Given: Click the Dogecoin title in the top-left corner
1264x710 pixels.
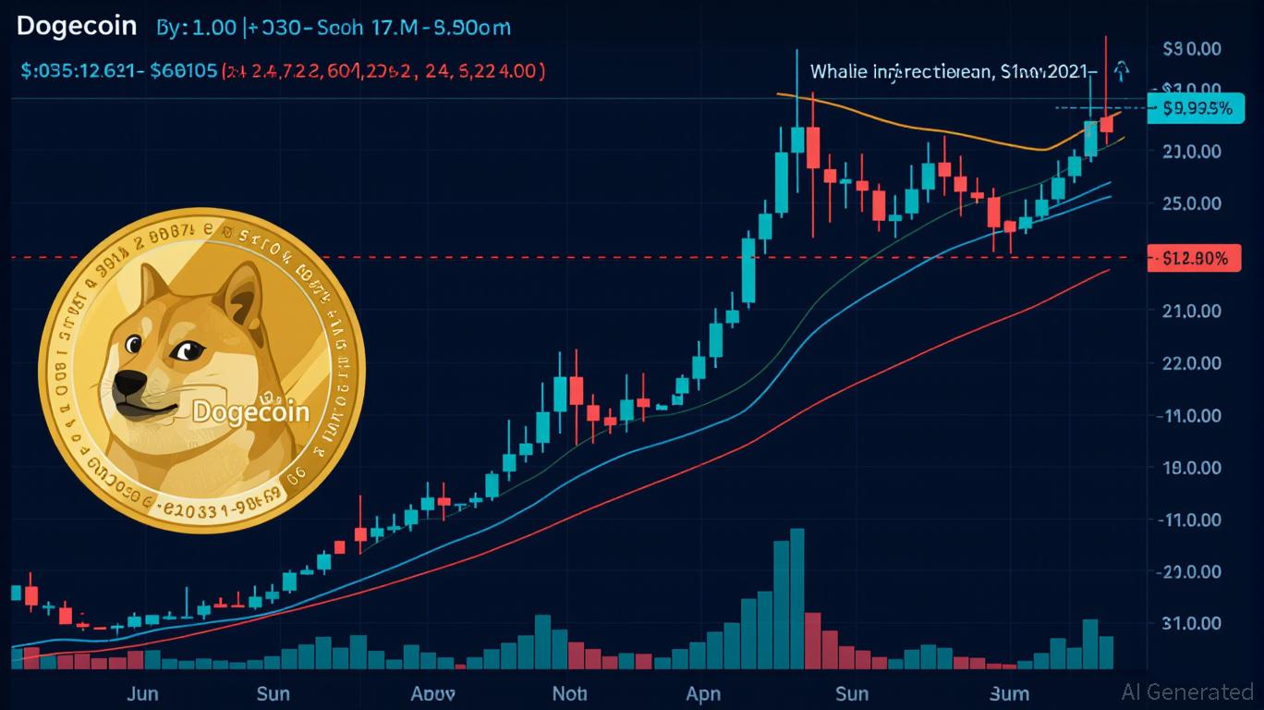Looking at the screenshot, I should (76, 26).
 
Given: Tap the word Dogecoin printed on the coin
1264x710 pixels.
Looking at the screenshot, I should (250, 410).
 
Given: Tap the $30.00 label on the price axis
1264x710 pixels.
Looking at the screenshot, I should (1192, 48).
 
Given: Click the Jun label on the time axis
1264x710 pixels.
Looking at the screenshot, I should (141, 692).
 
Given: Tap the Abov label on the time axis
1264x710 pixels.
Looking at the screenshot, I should (432, 692).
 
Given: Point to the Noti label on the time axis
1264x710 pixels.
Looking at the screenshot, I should (569, 692).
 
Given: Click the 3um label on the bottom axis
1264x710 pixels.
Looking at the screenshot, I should (1009, 692).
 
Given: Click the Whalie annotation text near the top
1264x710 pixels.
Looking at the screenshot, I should (952, 71).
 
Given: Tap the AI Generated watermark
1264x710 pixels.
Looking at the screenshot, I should (1187, 692).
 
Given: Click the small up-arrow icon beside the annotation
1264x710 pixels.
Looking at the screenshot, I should (1122, 69).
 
